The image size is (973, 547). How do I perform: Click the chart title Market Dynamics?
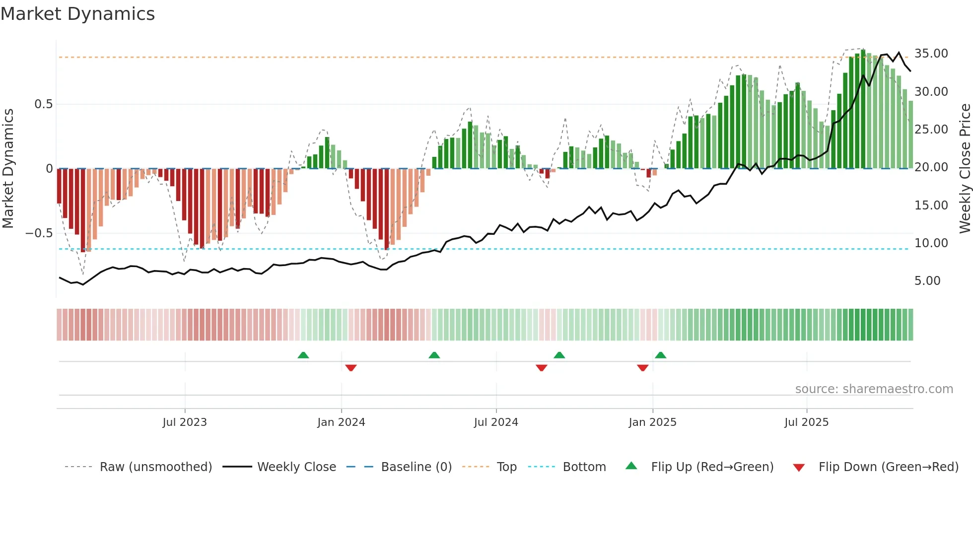(77, 14)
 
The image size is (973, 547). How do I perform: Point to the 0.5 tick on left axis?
(43, 104)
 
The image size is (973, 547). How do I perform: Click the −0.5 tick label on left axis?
(39, 233)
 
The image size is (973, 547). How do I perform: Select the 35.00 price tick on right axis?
(931, 54)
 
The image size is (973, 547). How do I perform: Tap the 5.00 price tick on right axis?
(927, 281)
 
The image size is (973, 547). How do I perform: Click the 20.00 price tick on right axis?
(931, 167)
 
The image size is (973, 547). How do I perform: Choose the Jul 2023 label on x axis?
(185, 422)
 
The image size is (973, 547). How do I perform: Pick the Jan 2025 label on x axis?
(652, 422)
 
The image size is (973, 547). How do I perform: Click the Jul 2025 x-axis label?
(806, 422)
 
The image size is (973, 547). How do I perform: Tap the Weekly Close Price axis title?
(965, 168)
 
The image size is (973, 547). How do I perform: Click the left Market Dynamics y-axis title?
(8, 168)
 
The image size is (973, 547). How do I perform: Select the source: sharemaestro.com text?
(874, 389)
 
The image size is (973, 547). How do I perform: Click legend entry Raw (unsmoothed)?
(155, 467)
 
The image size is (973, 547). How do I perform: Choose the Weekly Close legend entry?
(296, 467)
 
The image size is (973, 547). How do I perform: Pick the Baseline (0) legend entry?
(416, 467)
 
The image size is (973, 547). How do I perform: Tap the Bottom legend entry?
(584, 467)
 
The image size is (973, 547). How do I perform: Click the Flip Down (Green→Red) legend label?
(888, 467)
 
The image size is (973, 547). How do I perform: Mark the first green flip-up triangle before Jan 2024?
(303, 355)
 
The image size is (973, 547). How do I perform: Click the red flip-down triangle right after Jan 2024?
(351, 368)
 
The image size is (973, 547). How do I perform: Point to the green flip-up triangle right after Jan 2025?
(660, 355)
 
